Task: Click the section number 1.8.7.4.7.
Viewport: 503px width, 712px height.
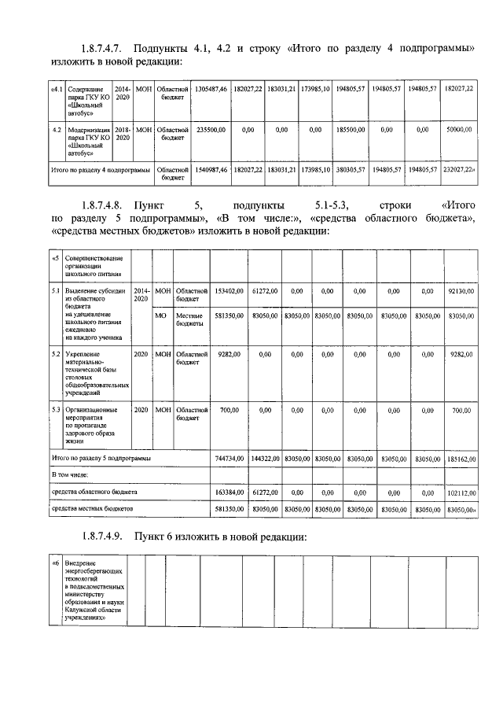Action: [102, 48]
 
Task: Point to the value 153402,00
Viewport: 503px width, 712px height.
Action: [229, 291]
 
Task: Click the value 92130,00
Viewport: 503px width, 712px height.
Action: [460, 291]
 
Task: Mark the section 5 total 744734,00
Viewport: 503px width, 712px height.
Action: [229, 457]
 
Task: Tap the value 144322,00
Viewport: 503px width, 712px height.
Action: [266, 457]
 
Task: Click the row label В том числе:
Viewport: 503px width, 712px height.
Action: [69, 475]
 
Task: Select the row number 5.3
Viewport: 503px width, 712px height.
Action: [56, 410]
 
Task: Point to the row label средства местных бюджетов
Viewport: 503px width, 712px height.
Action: [92, 509]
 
